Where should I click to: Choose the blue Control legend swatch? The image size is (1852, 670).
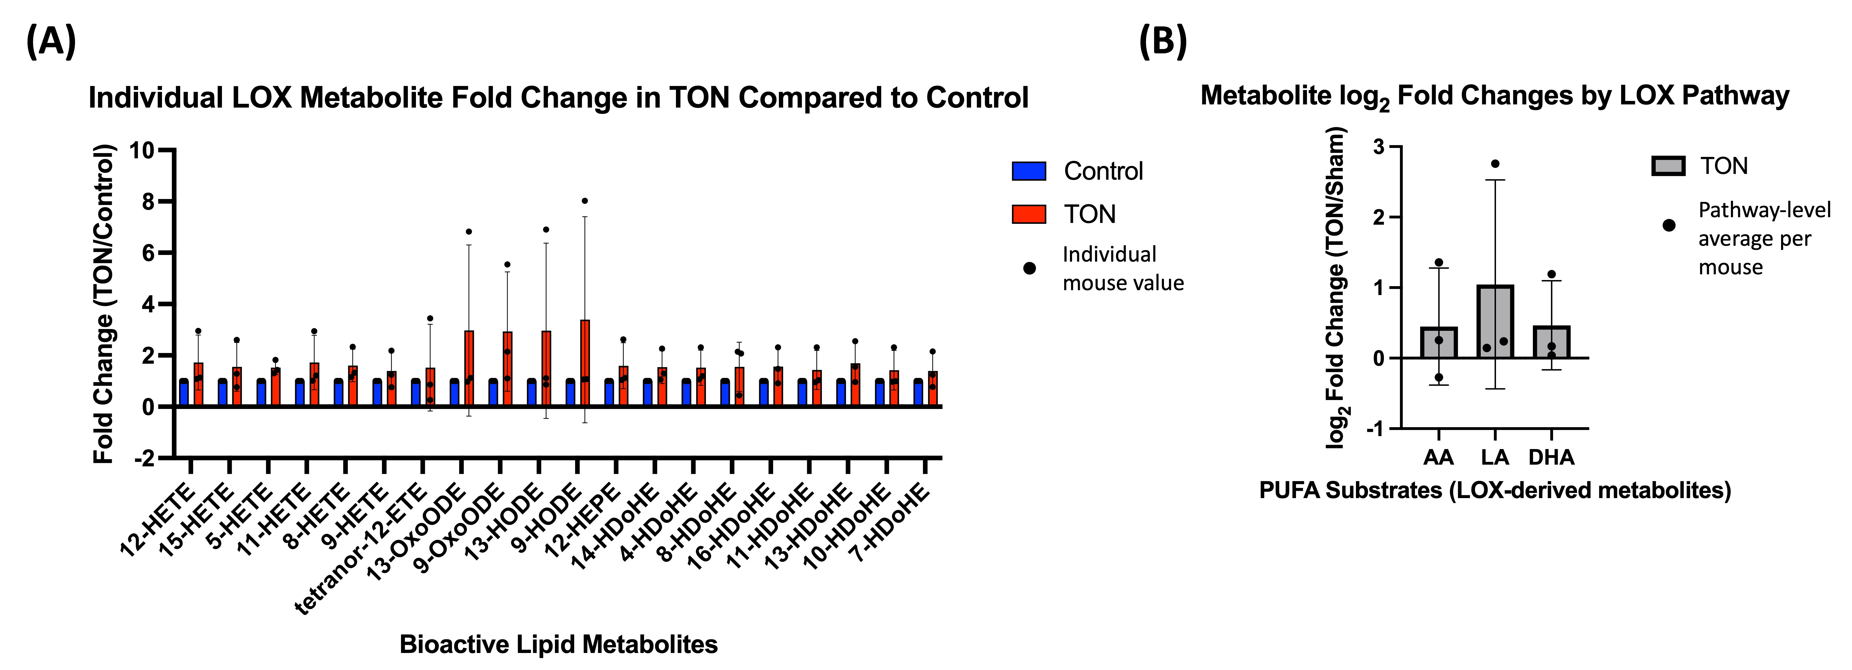[1029, 171]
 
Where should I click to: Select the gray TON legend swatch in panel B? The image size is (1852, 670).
[1668, 166]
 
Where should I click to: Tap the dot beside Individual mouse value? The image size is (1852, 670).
[1030, 269]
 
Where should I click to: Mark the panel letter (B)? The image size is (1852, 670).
[1163, 41]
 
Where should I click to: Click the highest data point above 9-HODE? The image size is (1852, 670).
[585, 201]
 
